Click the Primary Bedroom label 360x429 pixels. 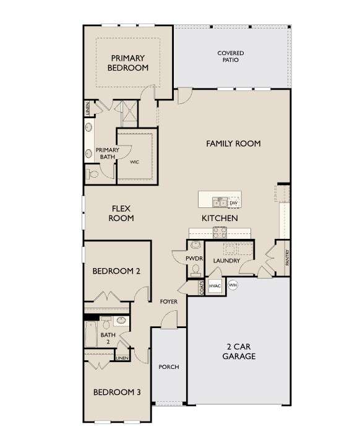(128, 63)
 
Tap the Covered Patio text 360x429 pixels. (231, 56)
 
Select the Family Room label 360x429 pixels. (233, 144)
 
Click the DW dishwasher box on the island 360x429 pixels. (233, 202)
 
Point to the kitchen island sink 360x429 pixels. (220, 202)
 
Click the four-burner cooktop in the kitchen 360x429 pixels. (220, 233)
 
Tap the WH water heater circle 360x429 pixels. (233, 285)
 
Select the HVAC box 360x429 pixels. (215, 286)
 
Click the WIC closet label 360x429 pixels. (134, 162)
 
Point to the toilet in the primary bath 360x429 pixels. (92, 174)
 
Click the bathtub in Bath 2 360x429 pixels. (91, 334)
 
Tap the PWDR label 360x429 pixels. (194, 259)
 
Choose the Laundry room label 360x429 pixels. (226, 261)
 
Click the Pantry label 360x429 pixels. (287, 258)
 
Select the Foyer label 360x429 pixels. (169, 301)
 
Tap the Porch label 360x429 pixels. (169, 367)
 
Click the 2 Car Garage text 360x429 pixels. (239, 351)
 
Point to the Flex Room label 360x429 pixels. (121, 214)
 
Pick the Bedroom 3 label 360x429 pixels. (117, 392)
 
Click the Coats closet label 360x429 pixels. (202, 288)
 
